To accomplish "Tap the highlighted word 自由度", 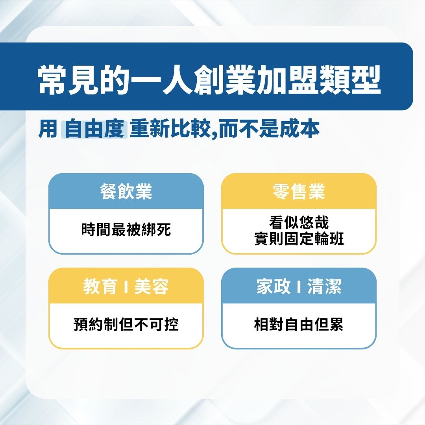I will pos(94,129).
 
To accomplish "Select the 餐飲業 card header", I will pos(126,192).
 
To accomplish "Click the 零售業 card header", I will pos(299,192).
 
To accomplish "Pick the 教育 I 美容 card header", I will pos(126,286).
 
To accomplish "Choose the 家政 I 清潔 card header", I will pos(299,286).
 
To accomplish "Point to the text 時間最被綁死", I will pos(126,229).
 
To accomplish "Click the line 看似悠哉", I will pos(299,222).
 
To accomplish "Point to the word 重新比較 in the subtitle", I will pos(170,129).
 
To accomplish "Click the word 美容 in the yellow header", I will pos(152,286).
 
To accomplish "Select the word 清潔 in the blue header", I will pos(325,286).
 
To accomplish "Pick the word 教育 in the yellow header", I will pos(100,286).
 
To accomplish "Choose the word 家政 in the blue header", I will pos(273,286).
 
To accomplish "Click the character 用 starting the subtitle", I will pos(48,129).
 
